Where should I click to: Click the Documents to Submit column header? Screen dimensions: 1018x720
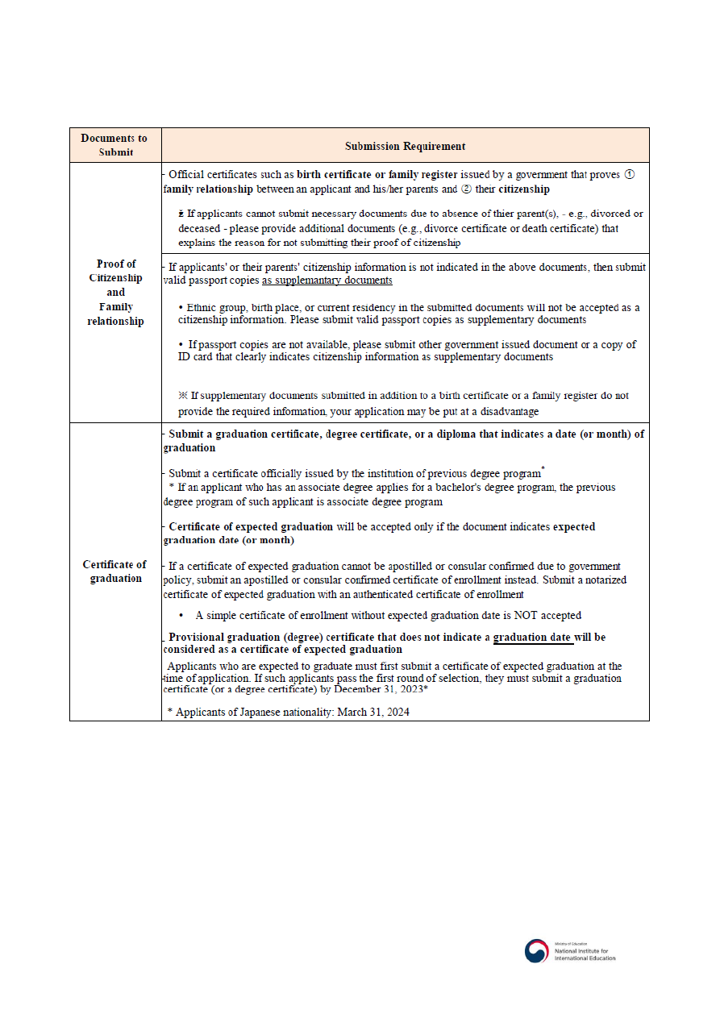coord(114,145)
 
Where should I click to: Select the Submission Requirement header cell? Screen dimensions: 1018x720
coord(405,146)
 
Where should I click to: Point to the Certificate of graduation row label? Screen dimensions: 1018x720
coord(115,571)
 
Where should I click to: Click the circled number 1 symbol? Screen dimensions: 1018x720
coord(631,174)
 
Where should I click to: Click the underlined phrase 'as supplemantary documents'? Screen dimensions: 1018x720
coord(327,280)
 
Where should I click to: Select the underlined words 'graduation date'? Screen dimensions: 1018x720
coord(533,637)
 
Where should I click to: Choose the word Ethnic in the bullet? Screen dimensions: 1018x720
coord(202,307)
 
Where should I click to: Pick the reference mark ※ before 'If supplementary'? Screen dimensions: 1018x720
coord(182,396)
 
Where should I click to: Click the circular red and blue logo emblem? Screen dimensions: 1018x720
coord(536,951)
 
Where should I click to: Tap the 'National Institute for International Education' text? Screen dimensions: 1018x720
coord(585,954)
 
